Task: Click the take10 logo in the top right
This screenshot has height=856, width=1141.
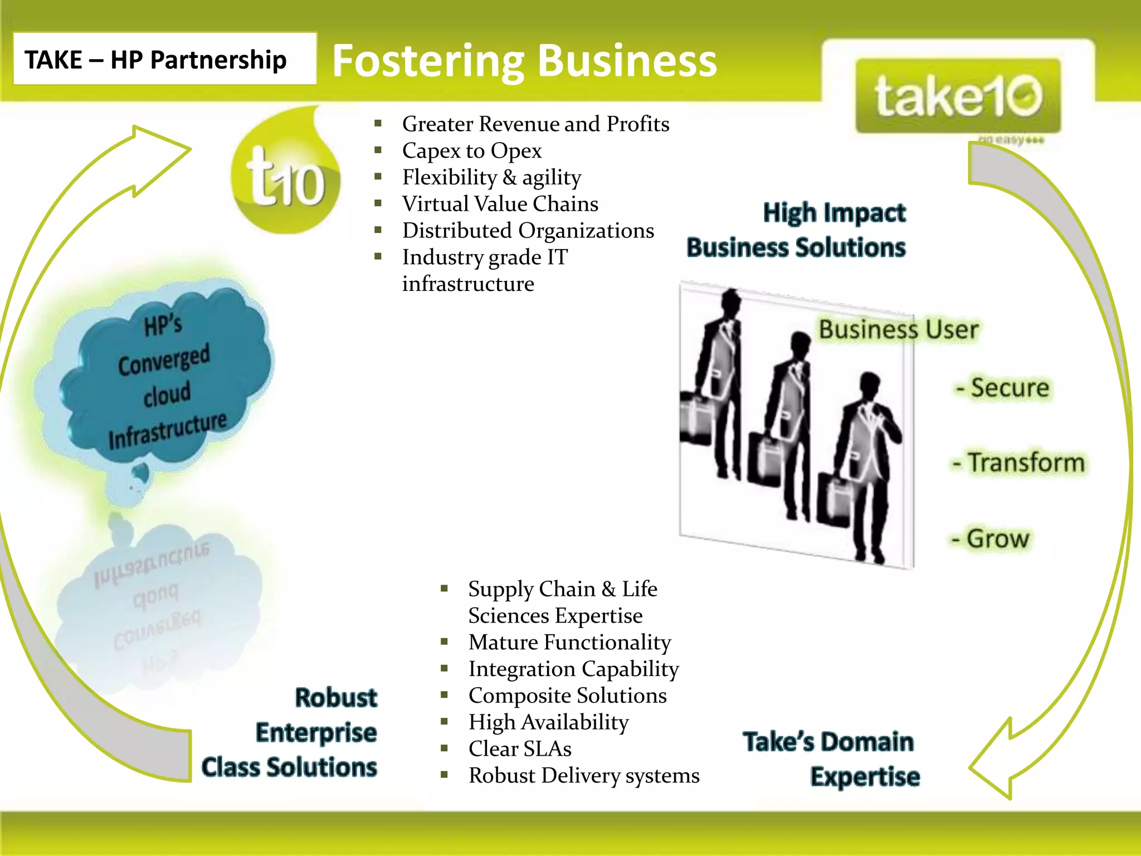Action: [958, 96]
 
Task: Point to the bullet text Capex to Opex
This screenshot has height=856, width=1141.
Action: [471, 150]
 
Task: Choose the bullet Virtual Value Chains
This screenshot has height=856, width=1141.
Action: [500, 204]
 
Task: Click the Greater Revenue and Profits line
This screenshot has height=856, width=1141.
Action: [535, 124]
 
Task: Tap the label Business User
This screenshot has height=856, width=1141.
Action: [898, 329]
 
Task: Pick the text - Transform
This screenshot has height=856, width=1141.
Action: [1018, 463]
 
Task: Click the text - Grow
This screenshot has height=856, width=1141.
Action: [991, 538]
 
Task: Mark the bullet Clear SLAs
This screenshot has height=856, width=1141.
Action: [519, 749]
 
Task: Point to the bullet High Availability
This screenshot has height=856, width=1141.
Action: [548, 722]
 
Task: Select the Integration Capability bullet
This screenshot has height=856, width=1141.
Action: [573, 669]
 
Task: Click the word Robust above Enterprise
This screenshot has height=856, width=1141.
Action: [336, 698]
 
